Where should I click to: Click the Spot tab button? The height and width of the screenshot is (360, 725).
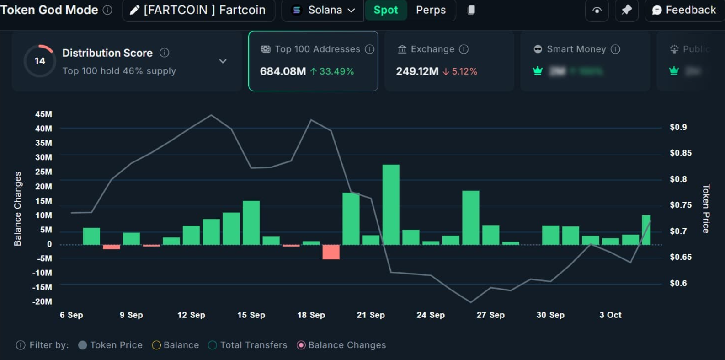pos(385,10)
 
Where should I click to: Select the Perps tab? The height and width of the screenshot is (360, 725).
pos(431,10)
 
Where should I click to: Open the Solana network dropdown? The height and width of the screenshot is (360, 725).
pos(324,10)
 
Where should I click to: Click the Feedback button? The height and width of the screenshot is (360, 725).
pos(684,10)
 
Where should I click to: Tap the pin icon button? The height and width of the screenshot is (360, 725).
pos(626,10)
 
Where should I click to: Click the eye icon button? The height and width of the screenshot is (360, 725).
pos(597,10)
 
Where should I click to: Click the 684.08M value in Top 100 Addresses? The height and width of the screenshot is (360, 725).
pos(283,71)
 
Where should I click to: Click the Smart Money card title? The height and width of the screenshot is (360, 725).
pos(576,49)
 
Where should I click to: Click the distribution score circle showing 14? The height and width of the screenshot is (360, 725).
pos(40,61)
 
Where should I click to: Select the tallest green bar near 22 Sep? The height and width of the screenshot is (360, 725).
pos(391,204)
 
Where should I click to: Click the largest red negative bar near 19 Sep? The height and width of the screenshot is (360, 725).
pos(331,252)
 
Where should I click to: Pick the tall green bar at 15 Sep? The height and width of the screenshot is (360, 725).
pos(251,222)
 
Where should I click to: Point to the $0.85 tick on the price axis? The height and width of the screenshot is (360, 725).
pos(680,153)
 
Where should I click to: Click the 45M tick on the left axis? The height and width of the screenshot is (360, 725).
pos(43,114)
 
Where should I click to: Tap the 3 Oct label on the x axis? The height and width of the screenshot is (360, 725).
pos(610,315)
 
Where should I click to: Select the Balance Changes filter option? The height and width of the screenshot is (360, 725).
pos(341,345)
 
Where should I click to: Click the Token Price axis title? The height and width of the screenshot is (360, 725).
pos(705,209)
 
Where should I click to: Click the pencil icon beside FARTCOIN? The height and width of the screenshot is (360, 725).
pos(134,10)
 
